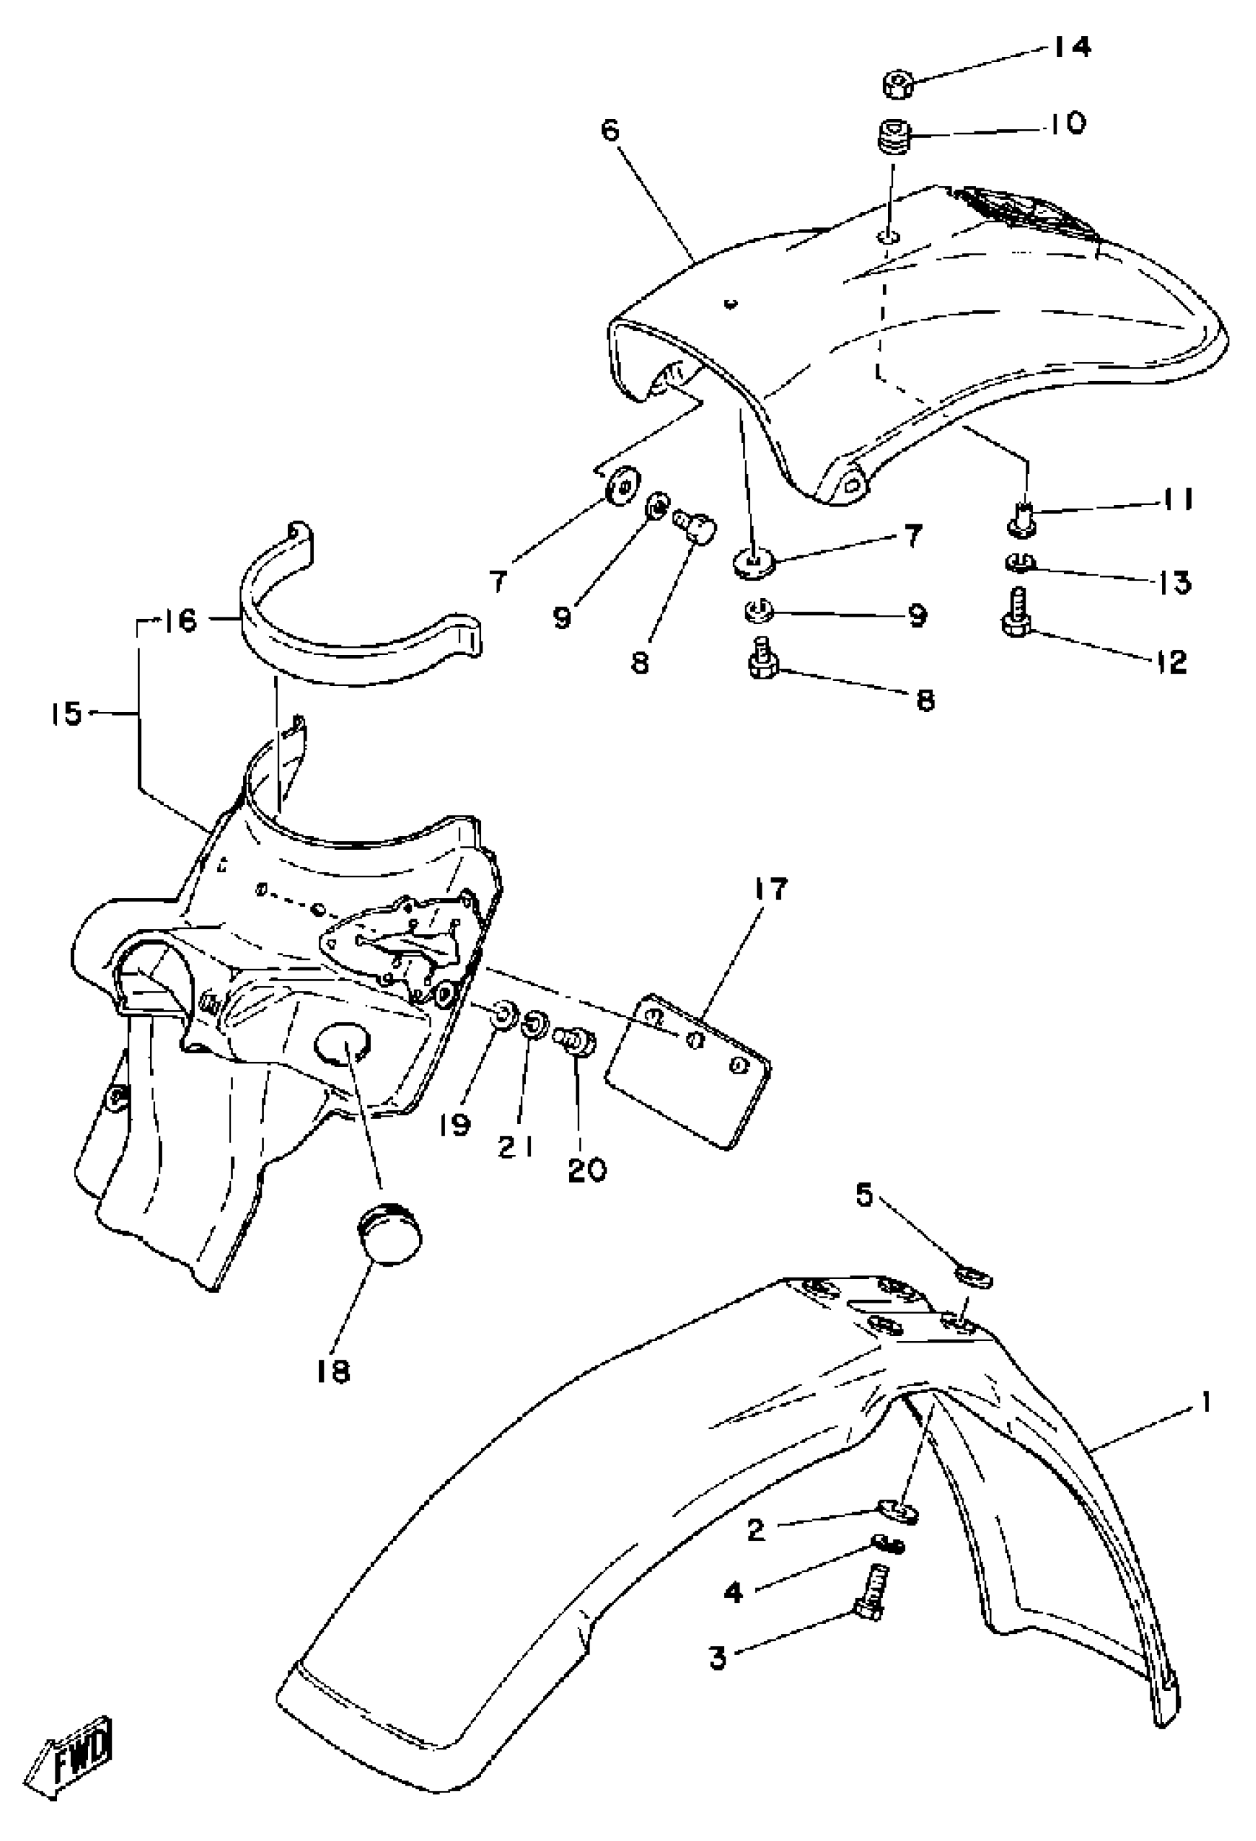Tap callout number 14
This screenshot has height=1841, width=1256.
[1071, 47]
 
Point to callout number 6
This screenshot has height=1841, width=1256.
[610, 130]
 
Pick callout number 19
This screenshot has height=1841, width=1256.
[456, 1124]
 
